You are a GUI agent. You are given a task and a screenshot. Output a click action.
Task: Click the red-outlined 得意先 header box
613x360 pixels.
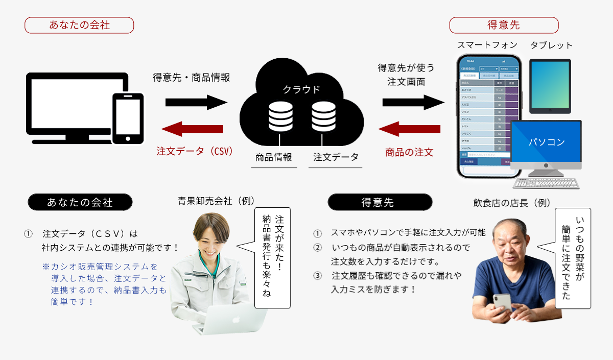tap(504, 25)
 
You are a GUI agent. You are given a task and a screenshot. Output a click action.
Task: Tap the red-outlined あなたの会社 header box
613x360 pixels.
tap(79, 25)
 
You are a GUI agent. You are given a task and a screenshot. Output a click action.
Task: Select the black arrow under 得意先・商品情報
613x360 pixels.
tap(196, 102)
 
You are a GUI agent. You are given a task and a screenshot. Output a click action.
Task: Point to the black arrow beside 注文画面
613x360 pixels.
tap(413, 102)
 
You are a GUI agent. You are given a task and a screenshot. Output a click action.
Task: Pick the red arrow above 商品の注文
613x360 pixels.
tap(410, 129)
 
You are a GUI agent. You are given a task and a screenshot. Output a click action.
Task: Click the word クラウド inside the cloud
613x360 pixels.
tap(301, 89)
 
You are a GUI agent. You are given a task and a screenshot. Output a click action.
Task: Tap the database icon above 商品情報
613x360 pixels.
tap(279, 116)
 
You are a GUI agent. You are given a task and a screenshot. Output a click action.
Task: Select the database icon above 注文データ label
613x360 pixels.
tap(323, 116)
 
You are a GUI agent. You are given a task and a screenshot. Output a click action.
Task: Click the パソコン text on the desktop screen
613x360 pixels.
tap(546, 141)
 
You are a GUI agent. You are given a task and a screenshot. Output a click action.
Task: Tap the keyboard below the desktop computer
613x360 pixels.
tap(546, 183)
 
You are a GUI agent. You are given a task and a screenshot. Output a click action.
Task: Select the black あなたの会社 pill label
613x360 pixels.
tap(80, 202)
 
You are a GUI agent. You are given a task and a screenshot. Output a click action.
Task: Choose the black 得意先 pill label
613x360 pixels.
tap(379, 202)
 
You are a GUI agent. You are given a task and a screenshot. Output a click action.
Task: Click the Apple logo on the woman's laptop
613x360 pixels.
tap(235, 320)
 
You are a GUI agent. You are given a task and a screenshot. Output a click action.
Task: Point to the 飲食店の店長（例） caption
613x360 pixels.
tap(512, 203)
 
